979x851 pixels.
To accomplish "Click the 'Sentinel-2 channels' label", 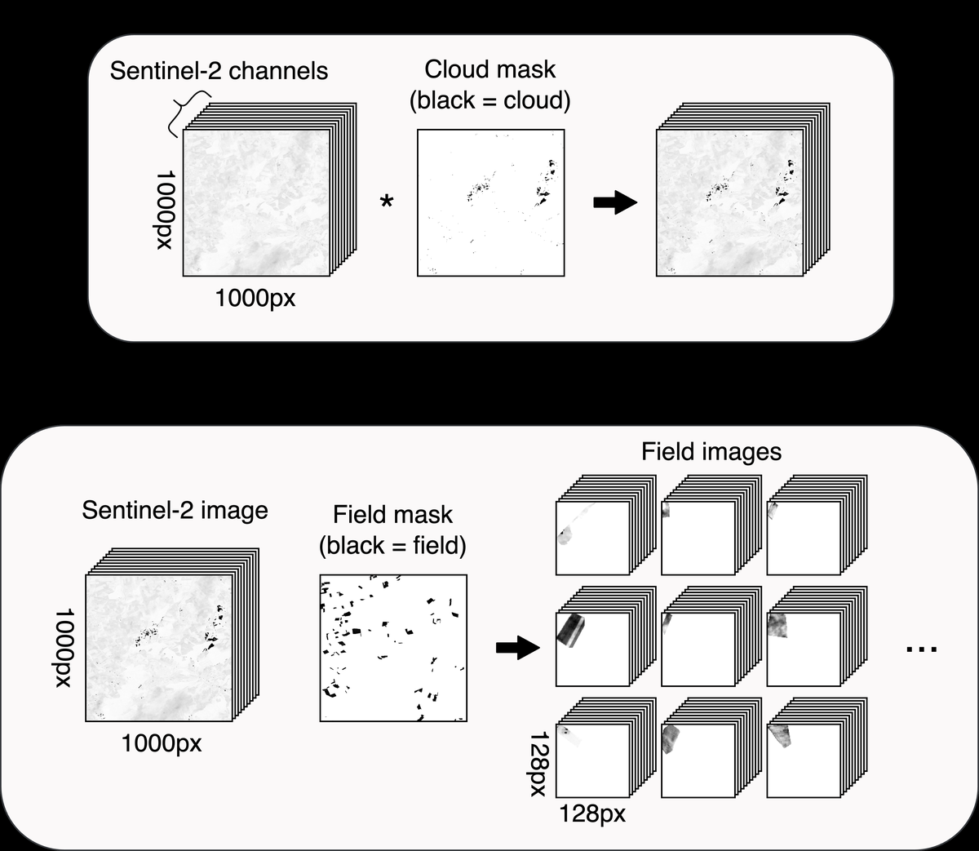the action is pos(219,71).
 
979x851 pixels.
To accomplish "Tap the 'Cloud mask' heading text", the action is pos(489,69).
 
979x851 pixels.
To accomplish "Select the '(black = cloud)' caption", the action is pos(489,100).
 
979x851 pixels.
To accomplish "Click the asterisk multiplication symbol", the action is pos(387,201).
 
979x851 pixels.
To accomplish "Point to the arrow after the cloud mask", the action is pos(615,202).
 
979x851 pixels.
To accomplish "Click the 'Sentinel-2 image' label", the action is pos(175,511).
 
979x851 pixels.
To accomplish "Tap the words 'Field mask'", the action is pos(392,515).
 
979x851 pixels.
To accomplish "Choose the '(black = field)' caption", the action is pos(392,545).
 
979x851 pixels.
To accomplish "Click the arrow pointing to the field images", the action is pos(518,648).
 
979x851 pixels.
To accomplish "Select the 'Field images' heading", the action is pos(711,451).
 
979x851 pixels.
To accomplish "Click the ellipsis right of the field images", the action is pos(922,649).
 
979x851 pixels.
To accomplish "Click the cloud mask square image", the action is pos(490,202).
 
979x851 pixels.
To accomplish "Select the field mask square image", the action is pos(393,648).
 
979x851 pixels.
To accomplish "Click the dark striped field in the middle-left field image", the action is pos(571,630).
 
